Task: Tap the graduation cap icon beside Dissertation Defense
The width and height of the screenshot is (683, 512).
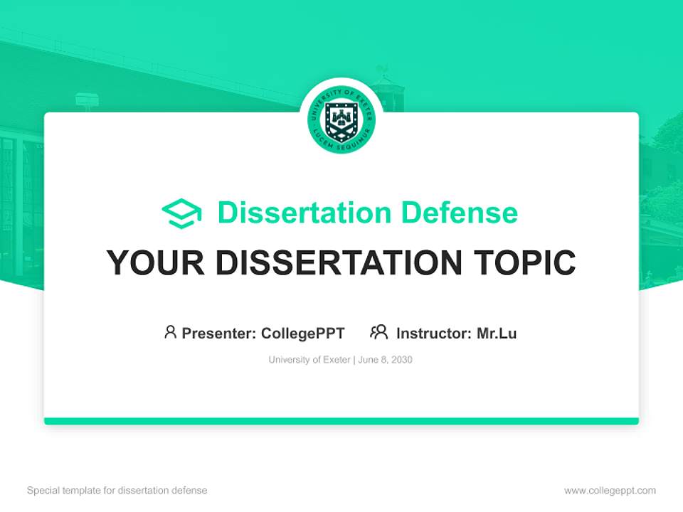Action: [x=181, y=213]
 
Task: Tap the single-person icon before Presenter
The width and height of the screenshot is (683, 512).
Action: [x=170, y=332]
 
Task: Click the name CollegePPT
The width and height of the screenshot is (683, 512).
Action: [x=303, y=333]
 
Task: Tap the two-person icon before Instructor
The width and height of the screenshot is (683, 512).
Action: [x=379, y=332]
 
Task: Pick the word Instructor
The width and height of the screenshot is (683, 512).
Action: [x=433, y=333]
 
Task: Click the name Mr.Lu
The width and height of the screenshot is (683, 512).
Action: [x=497, y=333]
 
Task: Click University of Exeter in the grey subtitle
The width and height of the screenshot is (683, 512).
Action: [x=309, y=360]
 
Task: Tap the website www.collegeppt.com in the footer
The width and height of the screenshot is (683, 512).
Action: [x=610, y=491]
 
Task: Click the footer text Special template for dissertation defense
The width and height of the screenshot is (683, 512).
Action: [x=117, y=491]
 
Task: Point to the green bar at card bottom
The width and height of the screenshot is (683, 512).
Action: [x=341, y=421]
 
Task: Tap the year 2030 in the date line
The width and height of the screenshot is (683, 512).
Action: [x=401, y=360]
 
